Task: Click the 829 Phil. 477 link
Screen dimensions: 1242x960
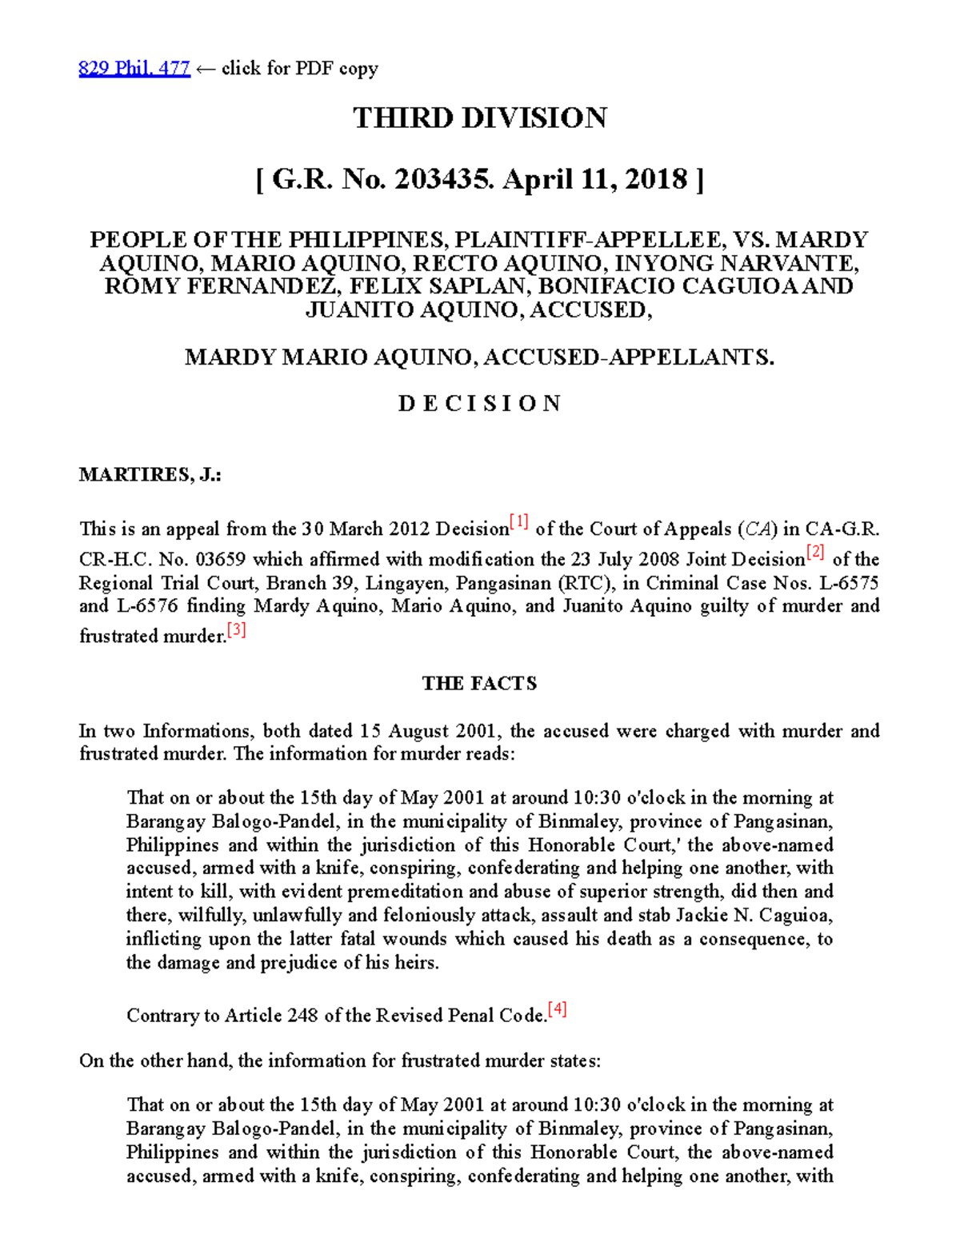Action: point(134,69)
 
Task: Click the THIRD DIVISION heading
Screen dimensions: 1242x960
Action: point(480,118)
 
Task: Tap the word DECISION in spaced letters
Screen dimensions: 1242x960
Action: point(480,403)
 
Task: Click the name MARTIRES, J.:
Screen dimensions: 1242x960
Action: point(150,475)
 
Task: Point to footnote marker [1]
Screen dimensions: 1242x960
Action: point(520,523)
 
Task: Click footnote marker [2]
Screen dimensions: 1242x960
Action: point(815,552)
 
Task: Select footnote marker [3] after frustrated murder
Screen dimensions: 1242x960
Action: point(237,630)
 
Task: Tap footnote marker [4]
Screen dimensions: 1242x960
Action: point(558,1009)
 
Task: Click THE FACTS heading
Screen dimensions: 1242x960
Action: point(479,684)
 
